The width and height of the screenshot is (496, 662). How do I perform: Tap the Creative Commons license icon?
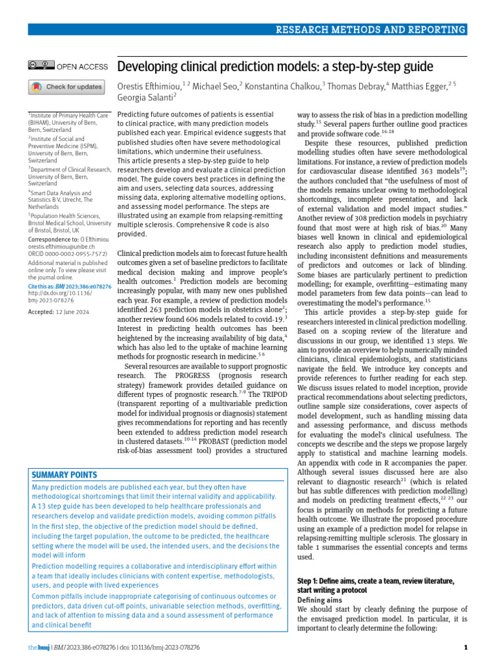click(41, 66)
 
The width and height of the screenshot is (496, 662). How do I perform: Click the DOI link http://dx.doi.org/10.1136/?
click(59, 293)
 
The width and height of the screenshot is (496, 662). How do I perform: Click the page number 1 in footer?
click(466, 646)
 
